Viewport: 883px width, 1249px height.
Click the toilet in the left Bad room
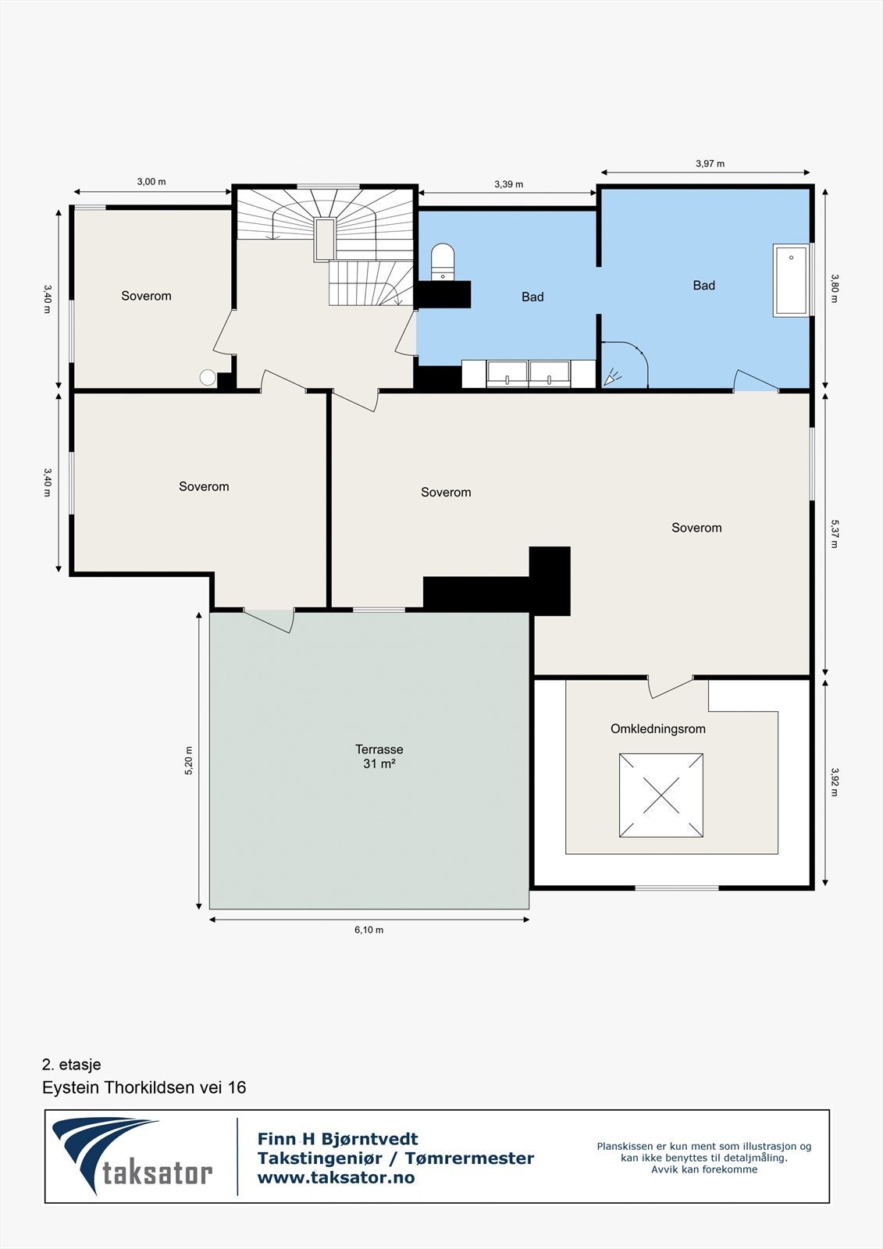point(443,262)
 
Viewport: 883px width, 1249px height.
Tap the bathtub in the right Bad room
point(790,280)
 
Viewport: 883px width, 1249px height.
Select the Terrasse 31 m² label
point(379,756)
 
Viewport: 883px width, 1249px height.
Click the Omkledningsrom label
point(657,729)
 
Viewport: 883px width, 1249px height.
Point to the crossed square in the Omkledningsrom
point(661,795)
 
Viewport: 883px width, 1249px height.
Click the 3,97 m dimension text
point(710,163)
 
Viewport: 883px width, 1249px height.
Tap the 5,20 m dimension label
point(188,760)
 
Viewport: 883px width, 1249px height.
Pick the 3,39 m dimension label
point(509,184)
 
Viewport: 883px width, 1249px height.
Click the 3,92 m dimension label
point(835,781)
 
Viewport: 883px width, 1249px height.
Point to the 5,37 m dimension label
point(835,534)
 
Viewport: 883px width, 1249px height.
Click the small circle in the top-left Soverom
point(208,378)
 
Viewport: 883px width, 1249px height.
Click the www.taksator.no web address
point(336,1177)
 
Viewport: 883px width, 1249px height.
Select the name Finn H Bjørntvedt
point(337,1139)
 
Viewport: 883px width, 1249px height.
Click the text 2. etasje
point(71,1065)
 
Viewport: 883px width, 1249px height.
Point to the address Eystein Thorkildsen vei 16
point(144,1087)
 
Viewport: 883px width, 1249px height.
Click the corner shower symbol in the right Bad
point(625,364)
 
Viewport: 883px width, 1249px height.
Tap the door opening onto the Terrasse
point(269,620)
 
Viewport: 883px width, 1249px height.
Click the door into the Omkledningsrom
point(671,687)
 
